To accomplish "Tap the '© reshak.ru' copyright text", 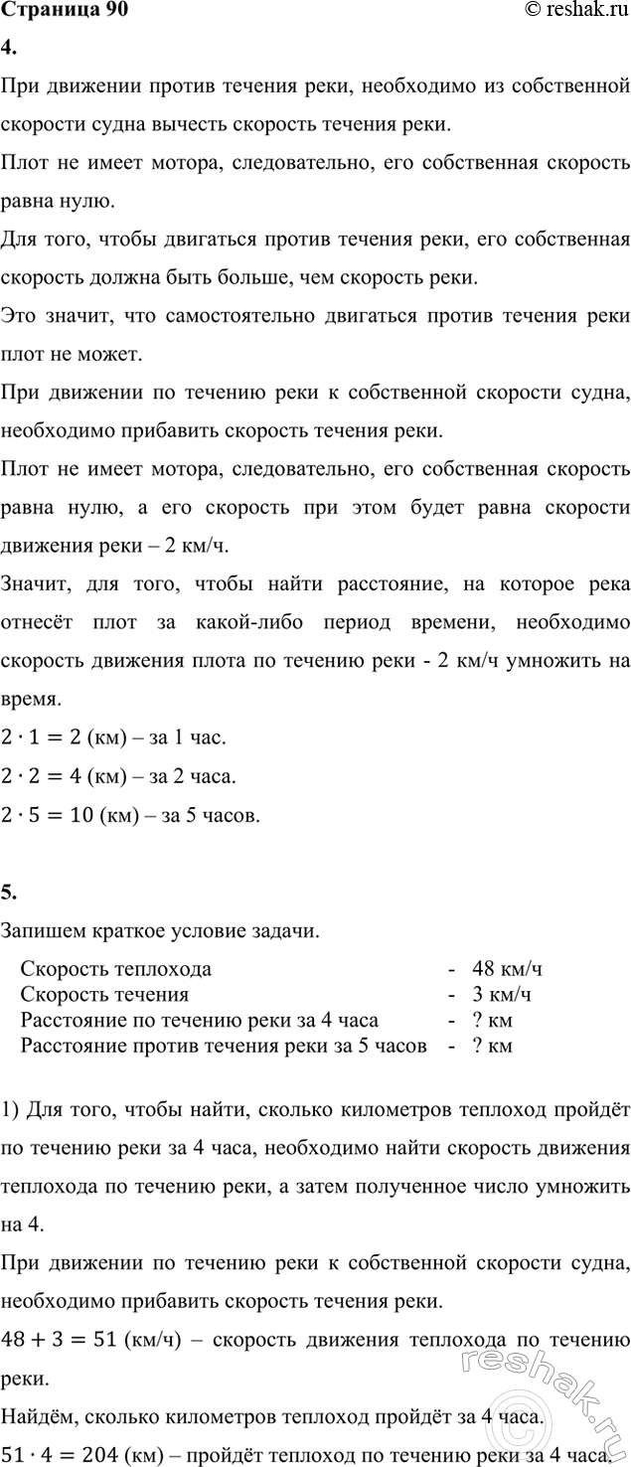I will [x=576, y=11].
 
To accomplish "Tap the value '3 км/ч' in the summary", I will [x=504, y=994].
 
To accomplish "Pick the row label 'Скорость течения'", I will [x=104, y=994].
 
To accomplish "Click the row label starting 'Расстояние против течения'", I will [x=224, y=1046].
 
